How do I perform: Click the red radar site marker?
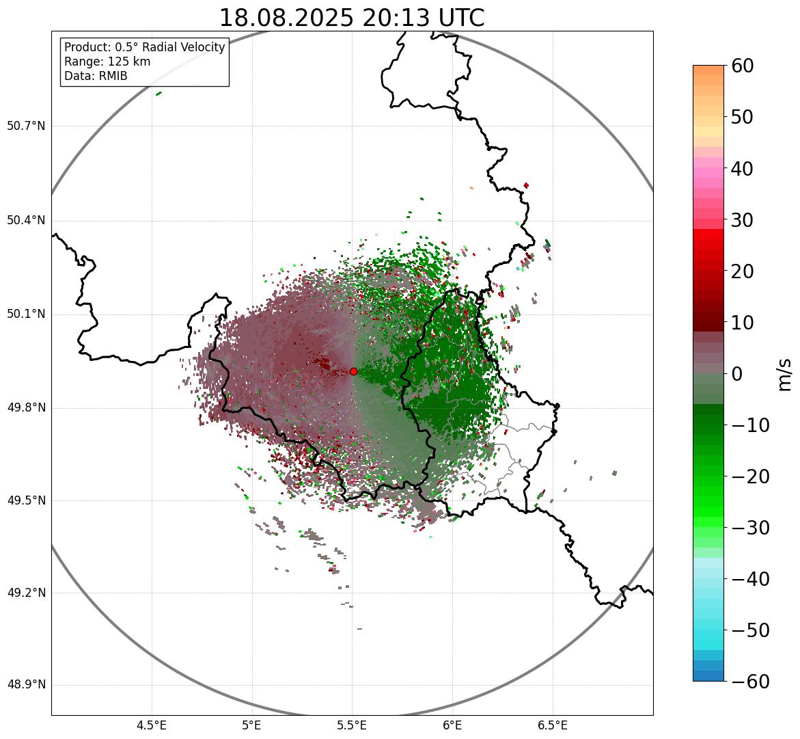pos(353,371)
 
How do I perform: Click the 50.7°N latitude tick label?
pos(26,126)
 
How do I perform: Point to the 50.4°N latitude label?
pos(26,220)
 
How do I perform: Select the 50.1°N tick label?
pos(26,314)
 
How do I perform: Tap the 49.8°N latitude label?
pos(26,408)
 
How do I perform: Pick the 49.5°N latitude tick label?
pos(26,500)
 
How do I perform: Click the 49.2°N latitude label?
pos(26,593)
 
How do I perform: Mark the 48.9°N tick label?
pos(26,685)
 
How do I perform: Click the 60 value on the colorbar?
pos(743,66)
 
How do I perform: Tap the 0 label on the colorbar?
pos(737,374)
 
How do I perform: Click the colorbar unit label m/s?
pos(784,374)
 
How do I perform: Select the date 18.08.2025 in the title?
pos(287,18)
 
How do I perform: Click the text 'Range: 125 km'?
pos(107,62)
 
